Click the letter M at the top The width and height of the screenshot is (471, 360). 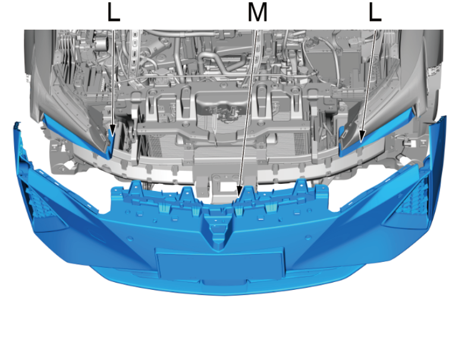click(258, 12)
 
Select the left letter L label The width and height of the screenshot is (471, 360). click(114, 12)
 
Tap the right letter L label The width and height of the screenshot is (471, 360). click(375, 12)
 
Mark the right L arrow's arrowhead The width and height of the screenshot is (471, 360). click(362, 136)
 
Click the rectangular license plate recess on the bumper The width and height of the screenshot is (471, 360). click(220, 264)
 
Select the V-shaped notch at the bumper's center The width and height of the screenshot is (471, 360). click(219, 231)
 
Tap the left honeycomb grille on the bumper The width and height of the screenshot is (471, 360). click(37, 202)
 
